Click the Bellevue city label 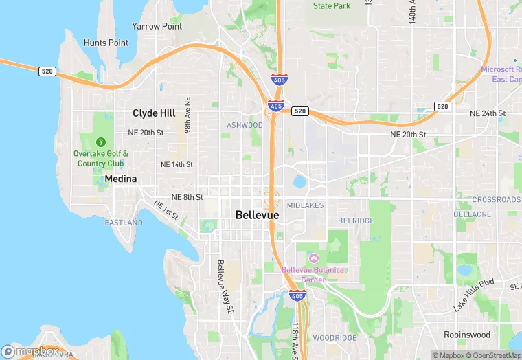tap(258, 215)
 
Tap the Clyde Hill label tap(154, 113)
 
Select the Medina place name tap(121, 179)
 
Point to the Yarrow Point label tap(157, 26)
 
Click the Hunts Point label tap(106, 43)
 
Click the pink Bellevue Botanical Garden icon tap(314, 258)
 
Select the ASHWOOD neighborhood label tap(245, 125)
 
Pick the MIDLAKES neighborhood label tap(305, 205)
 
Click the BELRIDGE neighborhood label tap(356, 221)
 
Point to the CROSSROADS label tap(496, 200)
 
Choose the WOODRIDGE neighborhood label tap(335, 338)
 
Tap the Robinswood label tap(467, 335)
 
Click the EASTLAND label tap(124, 223)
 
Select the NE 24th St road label tap(488, 113)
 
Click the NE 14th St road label tap(177, 165)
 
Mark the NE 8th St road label tap(187, 197)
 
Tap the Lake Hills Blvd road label tap(474, 295)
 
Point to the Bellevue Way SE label tap(224, 288)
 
